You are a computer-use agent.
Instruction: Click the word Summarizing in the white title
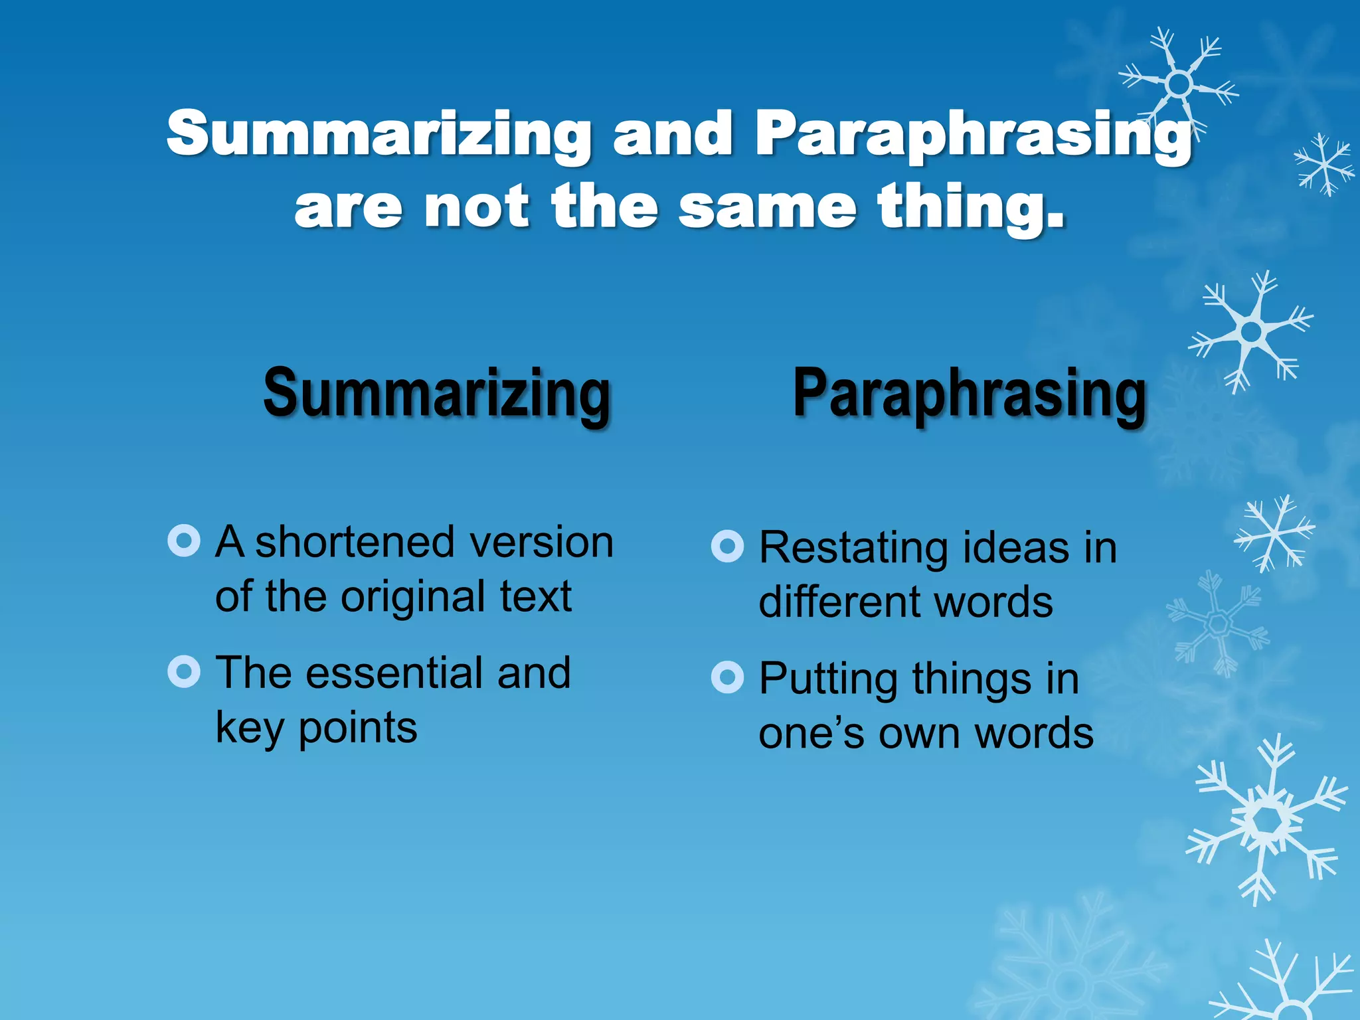(x=379, y=135)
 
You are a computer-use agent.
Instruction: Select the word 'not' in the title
(x=476, y=207)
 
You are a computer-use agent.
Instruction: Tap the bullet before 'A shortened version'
(x=184, y=541)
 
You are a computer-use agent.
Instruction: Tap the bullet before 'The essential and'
(x=184, y=672)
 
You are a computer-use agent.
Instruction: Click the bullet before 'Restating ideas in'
(x=727, y=547)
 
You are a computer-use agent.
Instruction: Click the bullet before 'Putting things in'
(x=727, y=677)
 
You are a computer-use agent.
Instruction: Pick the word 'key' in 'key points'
(x=250, y=729)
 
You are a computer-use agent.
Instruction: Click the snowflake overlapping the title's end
(x=1178, y=84)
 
